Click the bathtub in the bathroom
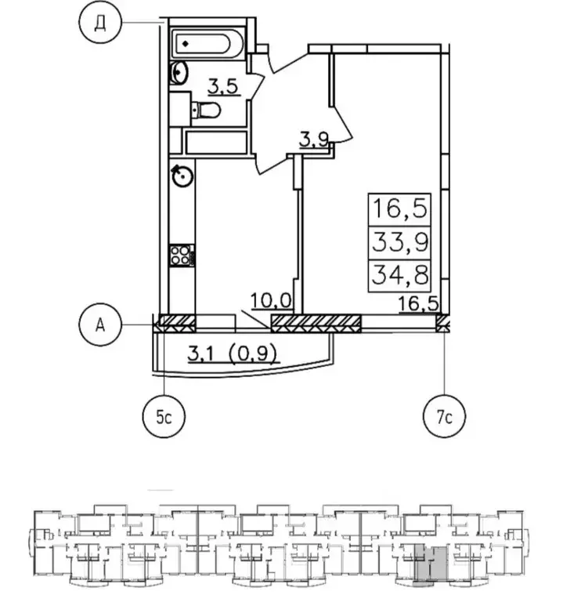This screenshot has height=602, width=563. [207, 43]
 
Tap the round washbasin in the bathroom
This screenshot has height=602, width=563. [179, 72]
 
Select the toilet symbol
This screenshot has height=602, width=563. [206, 111]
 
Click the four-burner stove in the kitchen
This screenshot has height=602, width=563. [181, 256]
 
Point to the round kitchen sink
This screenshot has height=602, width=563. [182, 176]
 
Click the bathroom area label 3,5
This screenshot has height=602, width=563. [224, 86]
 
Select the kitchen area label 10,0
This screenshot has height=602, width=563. [271, 301]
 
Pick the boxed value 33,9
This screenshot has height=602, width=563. [400, 242]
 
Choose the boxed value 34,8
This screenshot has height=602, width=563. [400, 275]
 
